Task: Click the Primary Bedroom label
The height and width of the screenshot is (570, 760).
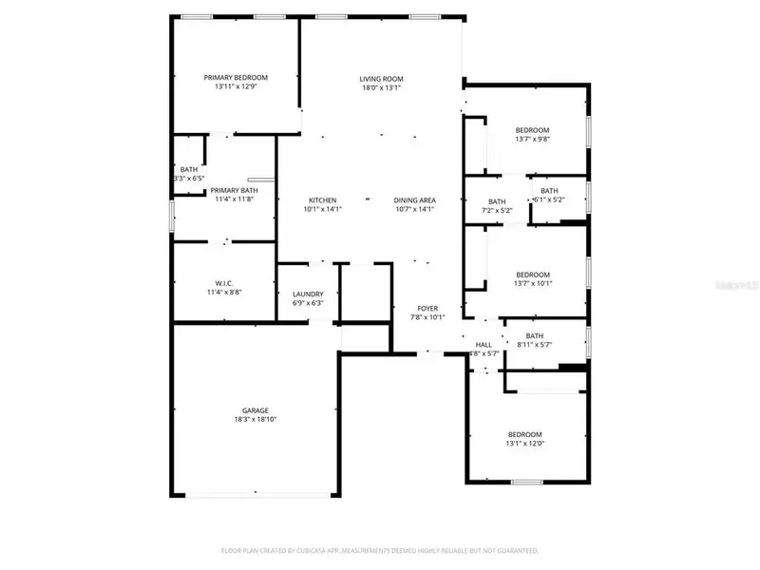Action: pos(236,77)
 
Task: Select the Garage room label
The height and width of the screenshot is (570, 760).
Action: pos(255,410)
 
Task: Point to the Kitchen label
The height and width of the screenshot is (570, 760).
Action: pos(322,199)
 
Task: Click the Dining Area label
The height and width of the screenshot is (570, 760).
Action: pos(415,199)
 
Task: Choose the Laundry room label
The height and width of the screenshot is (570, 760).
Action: pos(308,294)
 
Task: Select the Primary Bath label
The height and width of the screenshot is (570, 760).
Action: pos(234,190)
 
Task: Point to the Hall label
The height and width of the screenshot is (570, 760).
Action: pos(484,345)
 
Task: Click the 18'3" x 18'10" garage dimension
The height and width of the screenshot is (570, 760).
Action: pos(255,419)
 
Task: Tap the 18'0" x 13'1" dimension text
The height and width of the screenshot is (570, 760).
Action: pos(382,87)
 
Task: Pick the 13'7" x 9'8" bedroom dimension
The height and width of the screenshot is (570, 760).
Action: pos(532,139)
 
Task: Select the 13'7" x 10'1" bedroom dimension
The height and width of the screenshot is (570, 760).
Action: pos(532,283)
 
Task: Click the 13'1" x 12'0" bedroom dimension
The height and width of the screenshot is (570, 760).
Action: pos(524,443)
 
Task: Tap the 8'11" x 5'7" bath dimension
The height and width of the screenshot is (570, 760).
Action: pos(534,344)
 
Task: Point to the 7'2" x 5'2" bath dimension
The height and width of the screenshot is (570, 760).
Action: pos(497,210)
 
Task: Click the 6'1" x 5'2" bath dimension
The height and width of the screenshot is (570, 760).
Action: pos(549,199)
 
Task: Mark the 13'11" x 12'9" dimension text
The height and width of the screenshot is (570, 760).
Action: pos(236,86)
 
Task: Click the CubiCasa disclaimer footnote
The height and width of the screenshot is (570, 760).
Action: pos(380,550)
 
